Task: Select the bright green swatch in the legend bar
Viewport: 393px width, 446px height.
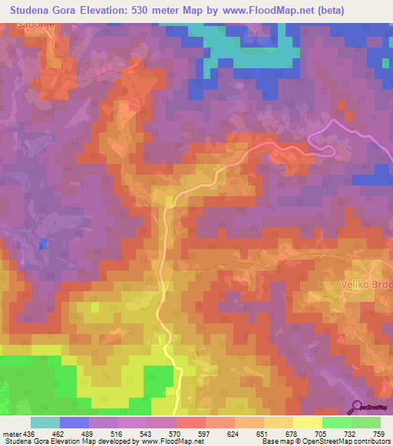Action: click(x=336, y=422)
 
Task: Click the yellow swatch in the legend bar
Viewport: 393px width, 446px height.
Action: click(x=307, y=422)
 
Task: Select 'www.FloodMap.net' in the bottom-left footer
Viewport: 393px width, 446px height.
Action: click(x=168, y=441)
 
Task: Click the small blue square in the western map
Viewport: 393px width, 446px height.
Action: click(x=43, y=244)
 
